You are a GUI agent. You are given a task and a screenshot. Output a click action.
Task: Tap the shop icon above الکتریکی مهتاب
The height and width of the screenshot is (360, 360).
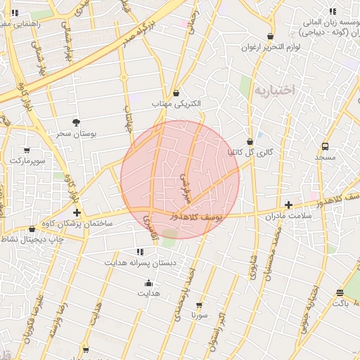(x=176, y=94)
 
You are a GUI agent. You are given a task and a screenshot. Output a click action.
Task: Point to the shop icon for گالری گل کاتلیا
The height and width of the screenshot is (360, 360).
(x=250, y=141)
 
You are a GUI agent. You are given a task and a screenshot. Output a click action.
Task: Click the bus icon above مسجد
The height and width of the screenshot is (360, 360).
(x=325, y=147)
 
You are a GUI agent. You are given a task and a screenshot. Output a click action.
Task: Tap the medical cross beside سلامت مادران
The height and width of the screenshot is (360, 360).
(x=288, y=205)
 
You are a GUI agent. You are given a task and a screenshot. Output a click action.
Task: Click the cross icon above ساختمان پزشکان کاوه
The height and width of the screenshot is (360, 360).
(x=77, y=212)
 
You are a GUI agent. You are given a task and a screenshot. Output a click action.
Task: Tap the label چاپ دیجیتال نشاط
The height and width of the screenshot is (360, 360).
(x=32, y=239)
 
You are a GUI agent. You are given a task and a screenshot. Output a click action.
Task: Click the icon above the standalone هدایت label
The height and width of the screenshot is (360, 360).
(x=148, y=283)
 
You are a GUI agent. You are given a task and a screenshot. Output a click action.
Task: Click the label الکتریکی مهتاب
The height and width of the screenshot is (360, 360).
(x=176, y=104)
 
